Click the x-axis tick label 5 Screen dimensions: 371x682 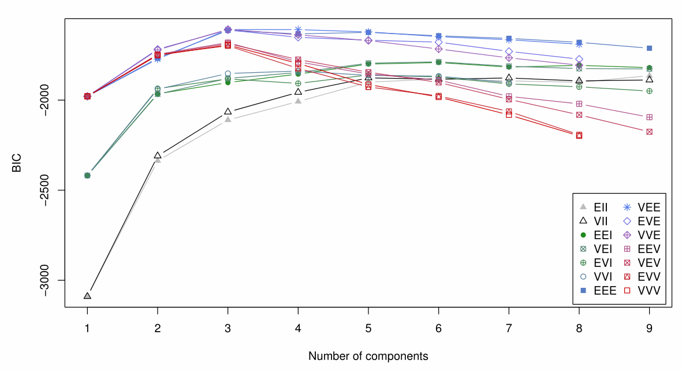[x=368, y=328]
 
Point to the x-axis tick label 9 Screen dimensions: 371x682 [x=650, y=328]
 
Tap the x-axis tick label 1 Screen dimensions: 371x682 [x=87, y=328]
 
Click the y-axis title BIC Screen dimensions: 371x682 [x=18, y=164]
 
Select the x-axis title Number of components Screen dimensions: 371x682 [x=368, y=356]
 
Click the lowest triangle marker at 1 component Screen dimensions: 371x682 [x=87, y=296]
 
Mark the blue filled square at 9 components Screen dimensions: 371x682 [x=650, y=48]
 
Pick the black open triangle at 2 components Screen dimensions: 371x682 [x=158, y=155]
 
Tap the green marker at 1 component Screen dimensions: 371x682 [x=87, y=175]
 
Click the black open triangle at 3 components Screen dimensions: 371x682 [x=228, y=111]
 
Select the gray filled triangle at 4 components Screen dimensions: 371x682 [x=298, y=101]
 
